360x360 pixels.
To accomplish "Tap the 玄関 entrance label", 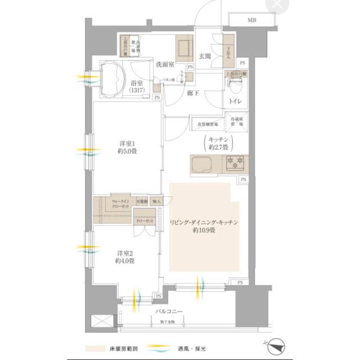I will click(x=204, y=56).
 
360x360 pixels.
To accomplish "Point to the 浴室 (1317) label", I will click(x=137, y=87).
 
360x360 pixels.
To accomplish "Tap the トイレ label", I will click(x=235, y=103).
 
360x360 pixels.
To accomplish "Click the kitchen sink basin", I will click(x=201, y=165).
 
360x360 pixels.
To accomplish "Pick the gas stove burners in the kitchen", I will click(x=234, y=164).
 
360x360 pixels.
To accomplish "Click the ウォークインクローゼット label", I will click(x=121, y=204).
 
